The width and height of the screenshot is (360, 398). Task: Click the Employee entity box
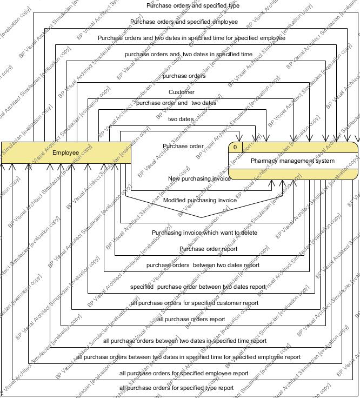pyautogui.click(x=65, y=153)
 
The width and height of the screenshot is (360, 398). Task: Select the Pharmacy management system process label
pyautogui.click(x=292, y=161)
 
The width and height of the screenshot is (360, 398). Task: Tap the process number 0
pyautogui.click(x=236, y=147)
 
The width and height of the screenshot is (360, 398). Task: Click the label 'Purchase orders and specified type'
pyautogui.click(x=193, y=6)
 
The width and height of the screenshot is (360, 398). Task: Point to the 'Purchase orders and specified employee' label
pyautogui.click(x=184, y=22)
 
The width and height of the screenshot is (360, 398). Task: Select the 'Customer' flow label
pyautogui.click(x=182, y=92)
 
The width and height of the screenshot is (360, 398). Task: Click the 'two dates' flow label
pyautogui.click(x=181, y=119)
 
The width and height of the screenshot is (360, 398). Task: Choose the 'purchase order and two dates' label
pyautogui.click(x=176, y=103)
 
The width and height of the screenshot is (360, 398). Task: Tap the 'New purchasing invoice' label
pyautogui.click(x=199, y=178)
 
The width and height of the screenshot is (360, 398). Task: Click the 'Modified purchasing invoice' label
pyautogui.click(x=200, y=200)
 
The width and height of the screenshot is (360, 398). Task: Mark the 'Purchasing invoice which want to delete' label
pyautogui.click(x=204, y=233)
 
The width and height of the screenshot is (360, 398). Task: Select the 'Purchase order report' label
pyautogui.click(x=208, y=249)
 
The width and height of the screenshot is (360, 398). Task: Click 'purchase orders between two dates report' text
pyautogui.click(x=203, y=265)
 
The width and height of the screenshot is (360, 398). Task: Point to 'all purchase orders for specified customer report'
pyautogui.click(x=195, y=303)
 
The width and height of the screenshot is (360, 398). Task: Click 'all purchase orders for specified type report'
pyautogui.click(x=177, y=388)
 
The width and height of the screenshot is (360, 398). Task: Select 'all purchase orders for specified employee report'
pyautogui.click(x=184, y=373)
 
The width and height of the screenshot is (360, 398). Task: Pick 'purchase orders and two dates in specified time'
pyautogui.click(x=188, y=55)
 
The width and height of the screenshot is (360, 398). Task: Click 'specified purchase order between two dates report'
pyautogui.click(x=198, y=287)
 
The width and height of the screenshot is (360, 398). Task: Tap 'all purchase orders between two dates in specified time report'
pyautogui.click(x=185, y=341)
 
